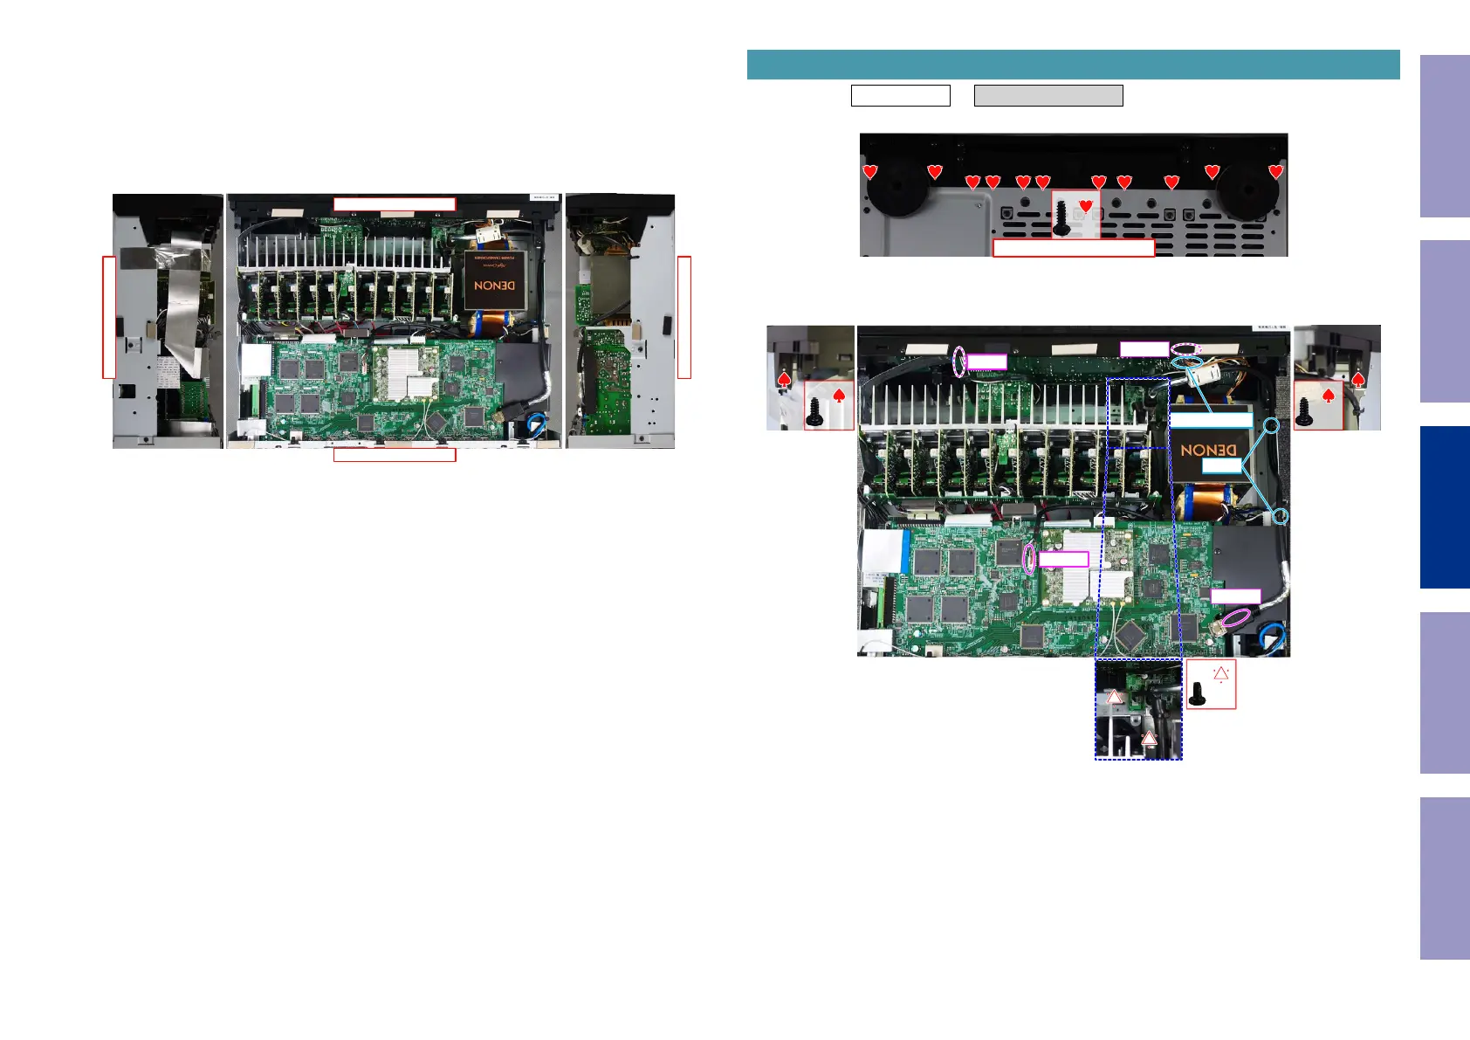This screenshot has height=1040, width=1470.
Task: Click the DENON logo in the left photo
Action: [x=494, y=286]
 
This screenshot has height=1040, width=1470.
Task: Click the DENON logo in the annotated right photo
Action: [x=1209, y=451]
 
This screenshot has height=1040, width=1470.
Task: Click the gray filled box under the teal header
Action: [x=1048, y=96]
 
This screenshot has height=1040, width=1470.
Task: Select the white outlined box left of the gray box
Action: [x=900, y=96]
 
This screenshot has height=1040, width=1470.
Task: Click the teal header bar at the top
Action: [x=1073, y=65]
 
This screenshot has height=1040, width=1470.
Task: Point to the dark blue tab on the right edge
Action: [x=1445, y=507]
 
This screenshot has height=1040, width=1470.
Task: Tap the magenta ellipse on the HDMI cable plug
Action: [x=1233, y=618]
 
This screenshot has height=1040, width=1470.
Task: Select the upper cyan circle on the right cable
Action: [x=1273, y=426]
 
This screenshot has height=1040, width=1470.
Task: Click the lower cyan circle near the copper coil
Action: [x=1280, y=516]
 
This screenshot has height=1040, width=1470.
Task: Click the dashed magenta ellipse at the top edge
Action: [x=1186, y=348]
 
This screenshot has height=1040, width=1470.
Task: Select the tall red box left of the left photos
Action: [x=109, y=317]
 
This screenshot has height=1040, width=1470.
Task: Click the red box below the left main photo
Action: [x=395, y=455]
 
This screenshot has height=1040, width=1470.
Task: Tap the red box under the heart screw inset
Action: [x=1074, y=248]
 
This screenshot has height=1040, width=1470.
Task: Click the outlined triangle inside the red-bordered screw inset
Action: [x=1220, y=673]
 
